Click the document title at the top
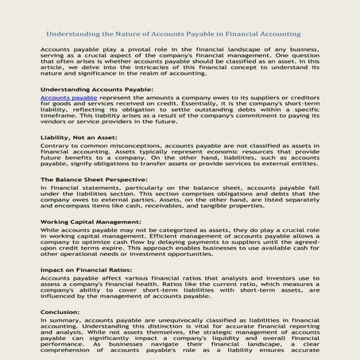click(172, 35)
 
